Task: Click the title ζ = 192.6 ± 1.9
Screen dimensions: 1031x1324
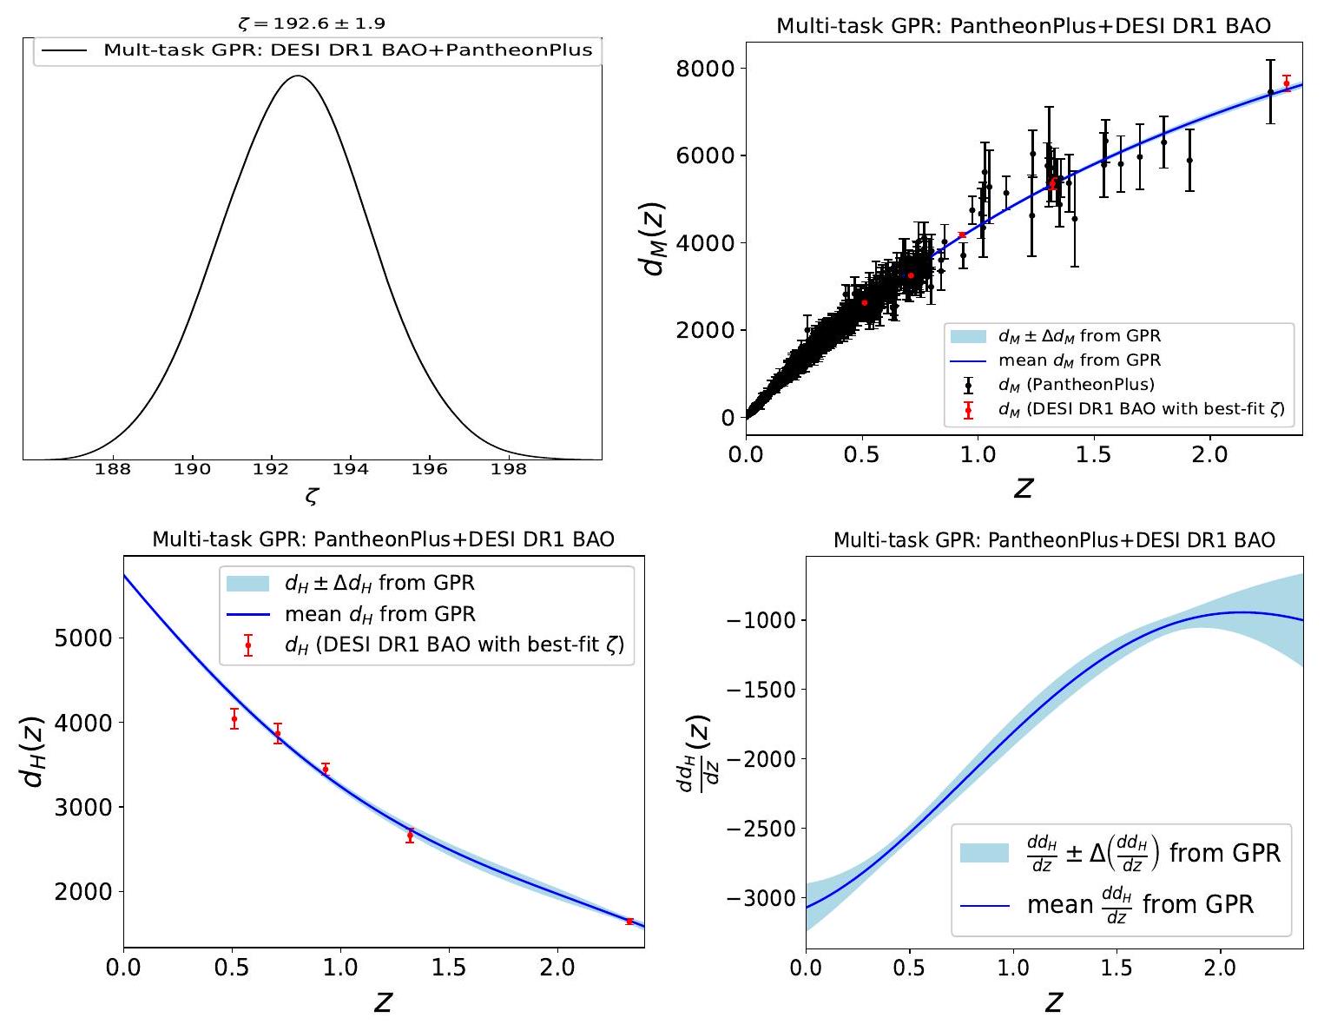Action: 312,23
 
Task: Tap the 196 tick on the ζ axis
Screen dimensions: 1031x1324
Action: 429,469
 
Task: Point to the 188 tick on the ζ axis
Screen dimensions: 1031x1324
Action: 113,469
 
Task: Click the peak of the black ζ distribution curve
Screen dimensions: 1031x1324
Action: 298,76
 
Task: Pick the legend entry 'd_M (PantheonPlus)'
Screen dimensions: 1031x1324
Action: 1077,384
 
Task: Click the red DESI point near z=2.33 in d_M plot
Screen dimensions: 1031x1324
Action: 1287,83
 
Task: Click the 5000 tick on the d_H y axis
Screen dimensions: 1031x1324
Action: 83,638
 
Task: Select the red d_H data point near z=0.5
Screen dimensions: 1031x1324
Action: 234,718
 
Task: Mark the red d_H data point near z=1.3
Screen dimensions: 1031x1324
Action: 410,836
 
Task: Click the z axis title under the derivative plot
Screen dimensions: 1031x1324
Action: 1054,1001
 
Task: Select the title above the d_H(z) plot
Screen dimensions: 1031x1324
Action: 383,539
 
